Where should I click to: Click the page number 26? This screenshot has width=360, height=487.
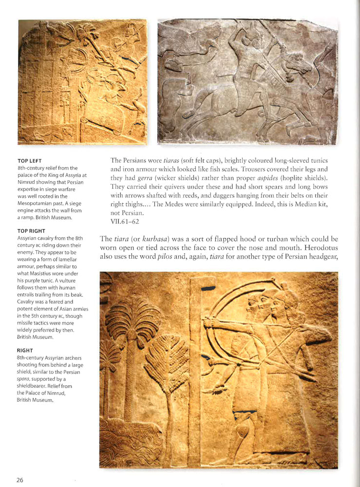tap(19, 480)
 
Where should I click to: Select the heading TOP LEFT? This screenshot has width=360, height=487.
tap(29, 161)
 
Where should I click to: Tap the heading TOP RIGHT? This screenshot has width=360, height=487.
tap(31, 230)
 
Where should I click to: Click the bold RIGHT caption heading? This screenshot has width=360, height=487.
tap(25, 350)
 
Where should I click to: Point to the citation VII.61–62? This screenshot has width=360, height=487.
tap(125, 222)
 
